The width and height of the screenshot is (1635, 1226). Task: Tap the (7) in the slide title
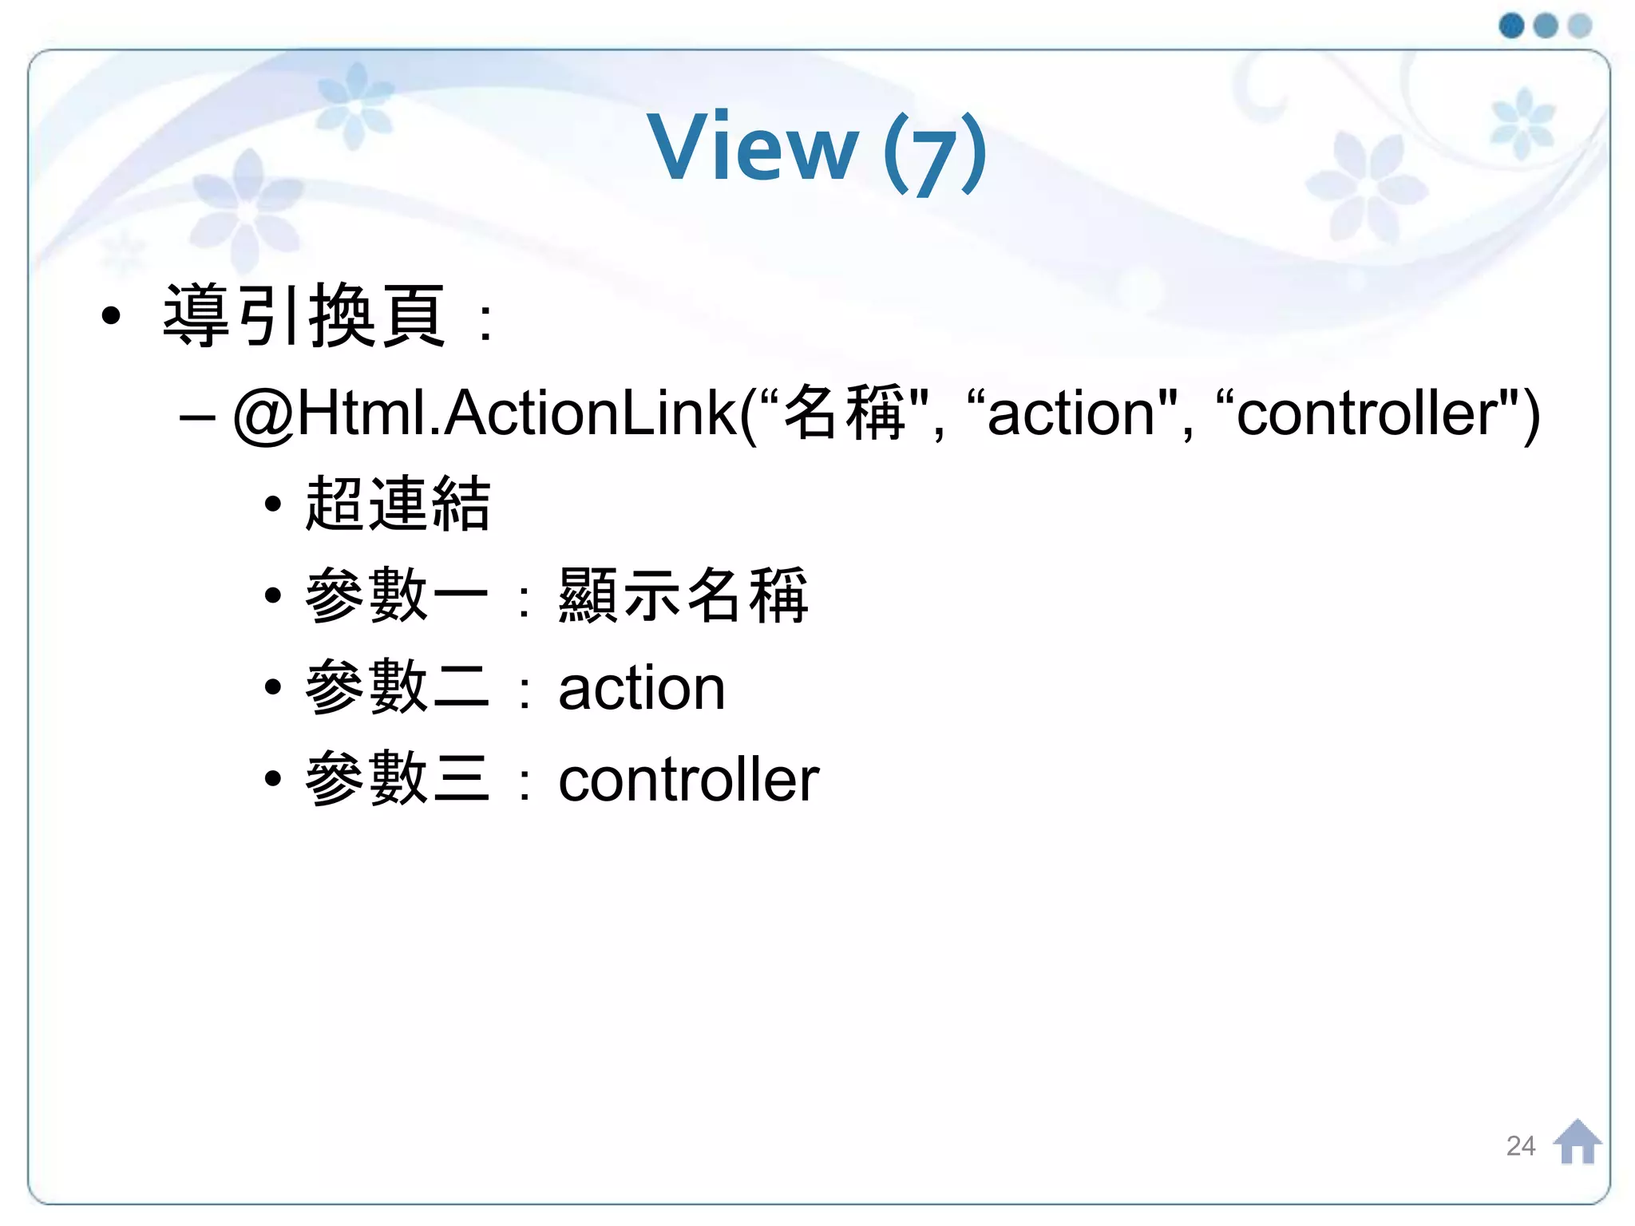[x=935, y=152]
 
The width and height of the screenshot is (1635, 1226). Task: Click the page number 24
[x=1520, y=1146]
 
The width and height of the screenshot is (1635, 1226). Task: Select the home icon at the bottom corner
[x=1577, y=1142]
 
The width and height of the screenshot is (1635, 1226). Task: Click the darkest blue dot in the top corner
[x=1511, y=26]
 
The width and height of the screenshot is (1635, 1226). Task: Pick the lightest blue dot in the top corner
[x=1580, y=26]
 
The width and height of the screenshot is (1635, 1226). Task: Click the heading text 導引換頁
[x=303, y=316]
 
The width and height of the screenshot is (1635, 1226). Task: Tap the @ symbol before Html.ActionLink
[x=264, y=414]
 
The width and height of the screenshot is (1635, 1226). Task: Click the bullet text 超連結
[x=398, y=504]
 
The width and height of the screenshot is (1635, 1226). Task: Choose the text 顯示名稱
[x=683, y=595]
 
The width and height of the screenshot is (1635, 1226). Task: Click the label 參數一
[x=398, y=595]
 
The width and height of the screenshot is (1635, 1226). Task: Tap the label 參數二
[x=398, y=687]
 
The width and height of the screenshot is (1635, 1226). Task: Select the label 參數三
[x=398, y=779]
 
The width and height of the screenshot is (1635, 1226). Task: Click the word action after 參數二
[x=642, y=689]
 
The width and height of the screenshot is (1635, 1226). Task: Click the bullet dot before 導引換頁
[x=112, y=316]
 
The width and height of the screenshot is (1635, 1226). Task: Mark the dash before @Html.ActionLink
[x=197, y=417]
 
